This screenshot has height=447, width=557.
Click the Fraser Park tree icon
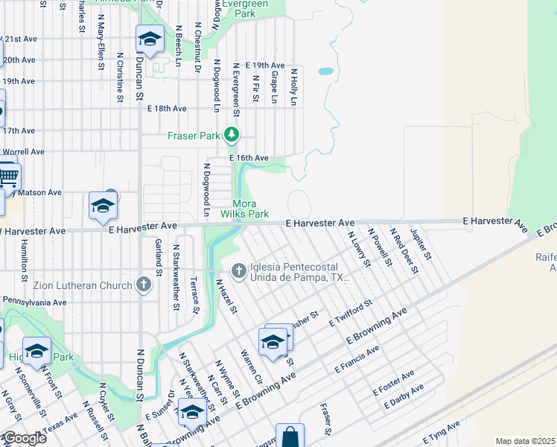[x=232, y=135]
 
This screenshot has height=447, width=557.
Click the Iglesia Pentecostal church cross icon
[x=239, y=270]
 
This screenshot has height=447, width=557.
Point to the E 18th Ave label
[x=167, y=108]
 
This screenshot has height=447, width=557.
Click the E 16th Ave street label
[x=249, y=158]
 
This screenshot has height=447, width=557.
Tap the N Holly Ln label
[x=294, y=86]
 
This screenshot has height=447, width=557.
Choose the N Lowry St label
[x=359, y=249]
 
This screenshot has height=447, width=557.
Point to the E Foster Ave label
[x=393, y=383]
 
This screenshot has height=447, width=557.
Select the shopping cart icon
[x=7, y=177]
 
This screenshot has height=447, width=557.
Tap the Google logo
[x=24, y=438]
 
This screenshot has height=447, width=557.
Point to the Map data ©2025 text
[x=525, y=441]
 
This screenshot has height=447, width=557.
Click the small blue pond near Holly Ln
[x=325, y=72]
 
